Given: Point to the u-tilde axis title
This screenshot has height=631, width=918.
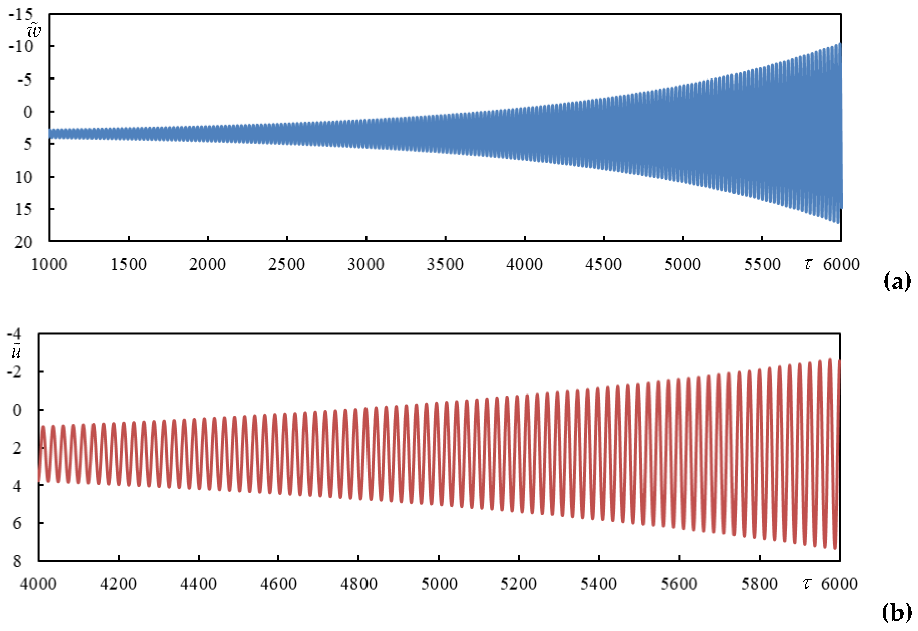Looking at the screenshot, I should coord(16,351).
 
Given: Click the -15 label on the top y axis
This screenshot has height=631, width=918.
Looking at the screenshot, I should coord(21,15).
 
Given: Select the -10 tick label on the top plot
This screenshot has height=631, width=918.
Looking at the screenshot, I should coord(21,47).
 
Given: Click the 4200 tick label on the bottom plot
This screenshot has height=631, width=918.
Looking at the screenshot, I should coord(118,584).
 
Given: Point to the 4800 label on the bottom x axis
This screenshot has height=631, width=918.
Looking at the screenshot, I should coord(359,584).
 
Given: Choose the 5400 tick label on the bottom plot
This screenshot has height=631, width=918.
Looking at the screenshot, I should coord(599,584).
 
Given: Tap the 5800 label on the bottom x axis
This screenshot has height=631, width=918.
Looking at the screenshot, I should coord(759,584).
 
